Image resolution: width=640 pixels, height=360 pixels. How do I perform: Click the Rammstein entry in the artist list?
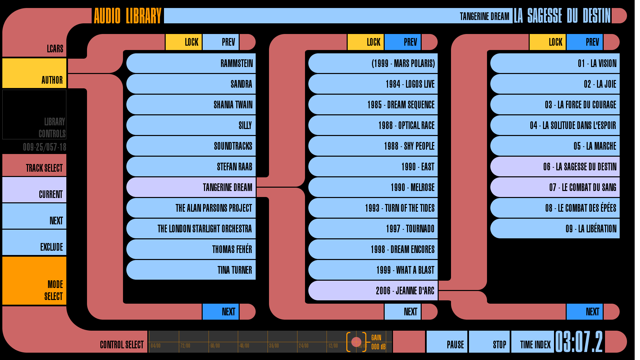[191, 63]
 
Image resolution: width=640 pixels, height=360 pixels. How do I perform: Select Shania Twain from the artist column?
[191, 105]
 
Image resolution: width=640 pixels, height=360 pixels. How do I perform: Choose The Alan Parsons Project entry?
[191, 208]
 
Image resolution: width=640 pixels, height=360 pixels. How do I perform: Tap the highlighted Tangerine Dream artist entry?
[191, 187]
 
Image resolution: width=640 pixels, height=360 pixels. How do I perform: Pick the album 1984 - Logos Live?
[373, 84]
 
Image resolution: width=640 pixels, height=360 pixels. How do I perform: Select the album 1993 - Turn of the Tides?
[373, 208]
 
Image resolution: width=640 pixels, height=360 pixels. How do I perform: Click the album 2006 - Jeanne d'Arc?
[373, 291]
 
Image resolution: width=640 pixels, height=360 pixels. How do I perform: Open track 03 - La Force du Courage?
[555, 105]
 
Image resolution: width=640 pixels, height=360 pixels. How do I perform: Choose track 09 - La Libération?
[555, 229]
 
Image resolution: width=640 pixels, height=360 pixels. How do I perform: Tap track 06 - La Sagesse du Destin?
[555, 167]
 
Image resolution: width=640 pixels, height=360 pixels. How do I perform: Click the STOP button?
[489, 342]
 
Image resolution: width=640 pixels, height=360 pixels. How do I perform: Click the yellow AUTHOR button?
[34, 73]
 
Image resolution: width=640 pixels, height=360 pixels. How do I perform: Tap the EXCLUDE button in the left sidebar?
[34, 243]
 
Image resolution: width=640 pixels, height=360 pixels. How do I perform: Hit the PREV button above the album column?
[402, 42]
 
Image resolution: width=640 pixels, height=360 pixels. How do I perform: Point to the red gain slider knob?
[356, 342]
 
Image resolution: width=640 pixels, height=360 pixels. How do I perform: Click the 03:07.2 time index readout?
[579, 342]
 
